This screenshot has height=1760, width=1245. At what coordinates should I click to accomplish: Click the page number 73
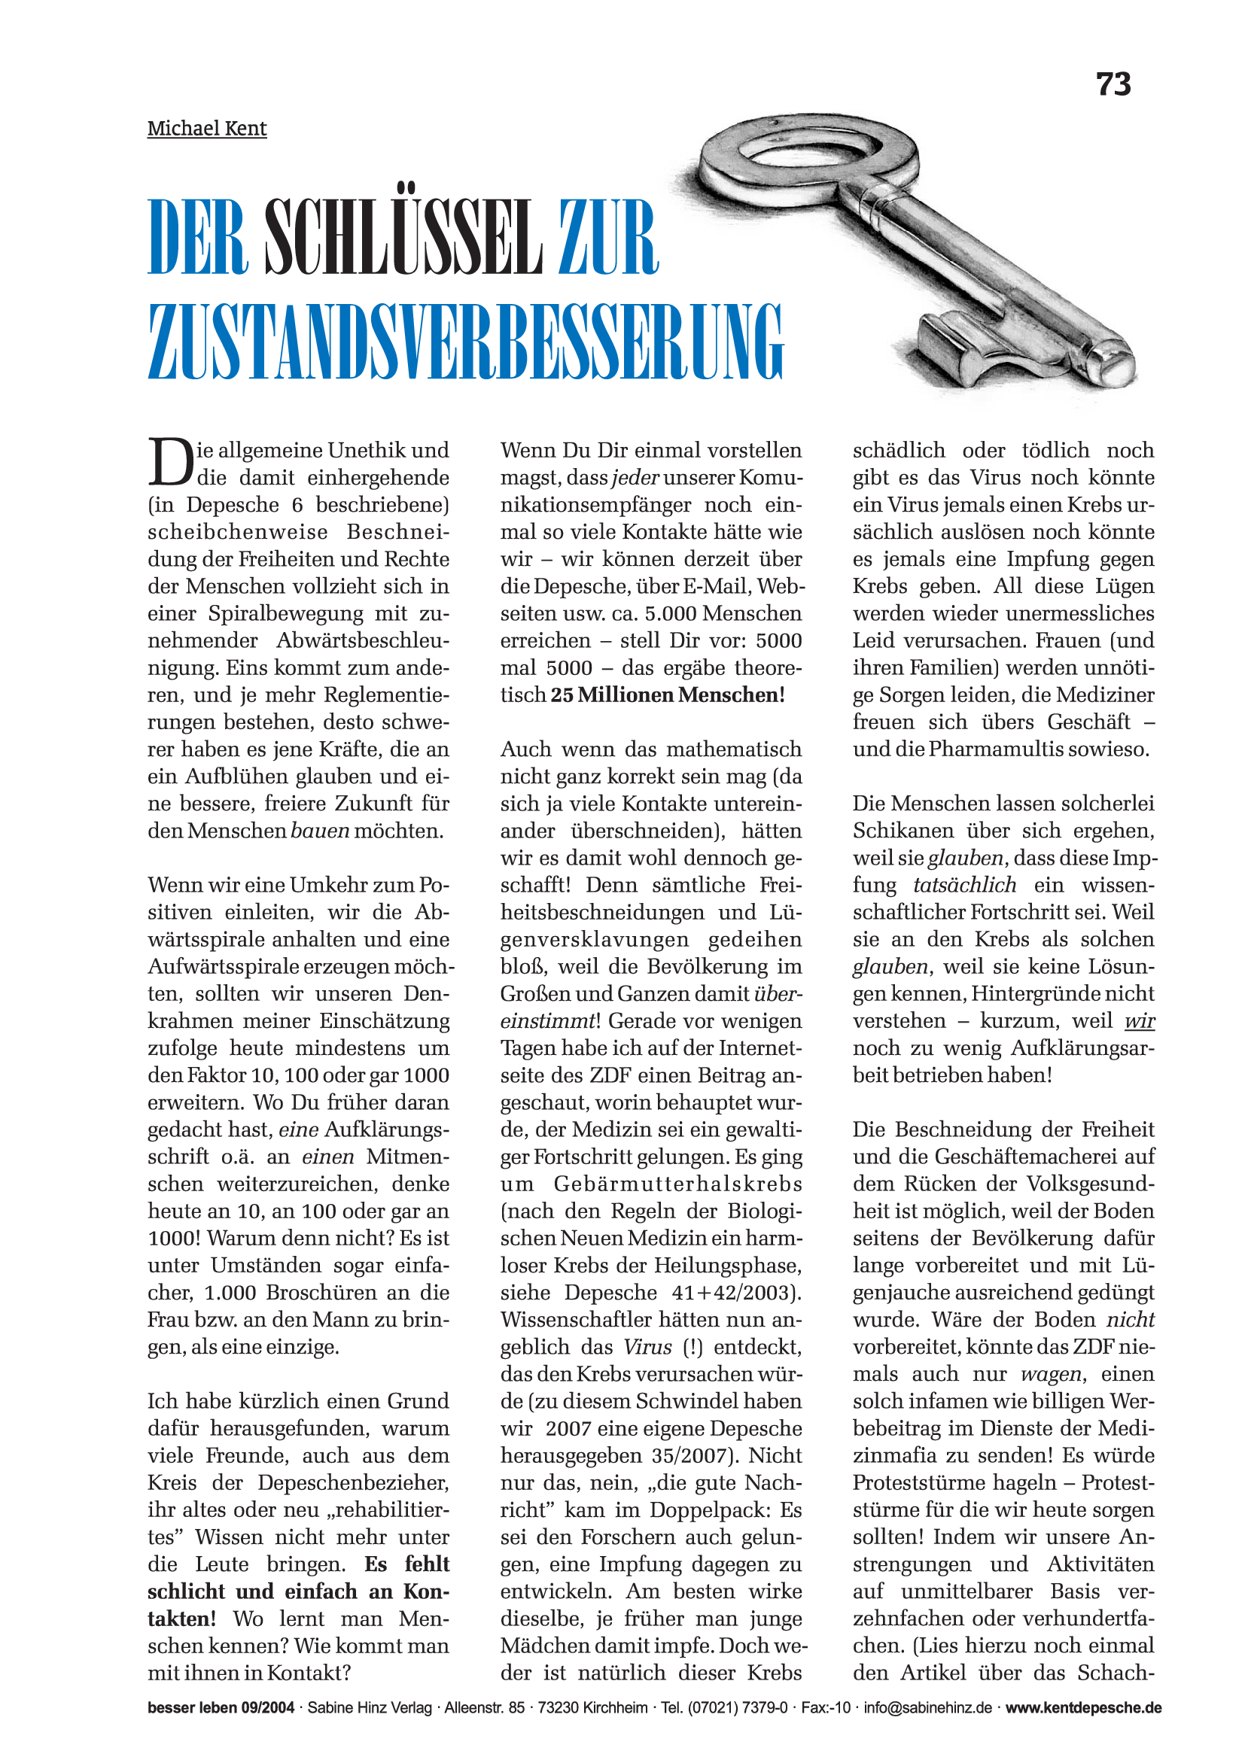point(1113,84)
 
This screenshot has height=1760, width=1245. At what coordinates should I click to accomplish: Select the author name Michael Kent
point(207,128)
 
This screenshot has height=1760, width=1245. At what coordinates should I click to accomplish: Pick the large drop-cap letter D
point(169,462)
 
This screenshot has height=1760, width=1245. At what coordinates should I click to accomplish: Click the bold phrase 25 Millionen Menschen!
point(668,695)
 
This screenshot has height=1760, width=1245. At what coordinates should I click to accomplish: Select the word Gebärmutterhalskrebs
point(677,1184)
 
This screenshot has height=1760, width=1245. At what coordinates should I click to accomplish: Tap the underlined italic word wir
point(1139,1021)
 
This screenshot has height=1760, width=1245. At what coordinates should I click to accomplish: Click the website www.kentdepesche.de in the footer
point(1083,1708)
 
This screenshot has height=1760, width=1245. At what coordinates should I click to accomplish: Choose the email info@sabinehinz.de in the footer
point(927,1708)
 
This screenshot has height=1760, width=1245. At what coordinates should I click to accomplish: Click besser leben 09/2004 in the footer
point(221,1708)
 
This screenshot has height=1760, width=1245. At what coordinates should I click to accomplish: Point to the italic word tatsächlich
point(964,885)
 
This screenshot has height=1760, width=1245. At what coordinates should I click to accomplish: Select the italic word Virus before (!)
point(647,1347)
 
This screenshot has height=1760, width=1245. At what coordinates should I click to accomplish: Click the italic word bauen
point(321,831)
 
